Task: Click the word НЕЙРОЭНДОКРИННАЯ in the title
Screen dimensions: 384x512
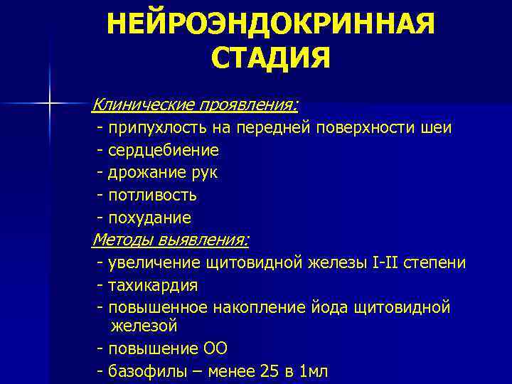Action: (270, 26)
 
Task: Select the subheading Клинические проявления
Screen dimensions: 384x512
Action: (195, 105)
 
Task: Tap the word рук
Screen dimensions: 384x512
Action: (204, 173)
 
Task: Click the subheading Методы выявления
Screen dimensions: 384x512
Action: (171, 240)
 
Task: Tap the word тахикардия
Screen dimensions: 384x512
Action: (152, 285)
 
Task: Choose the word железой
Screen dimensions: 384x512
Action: (144, 326)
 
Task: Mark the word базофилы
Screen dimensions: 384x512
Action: (146, 371)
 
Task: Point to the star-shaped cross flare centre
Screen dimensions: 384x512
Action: (50, 104)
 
